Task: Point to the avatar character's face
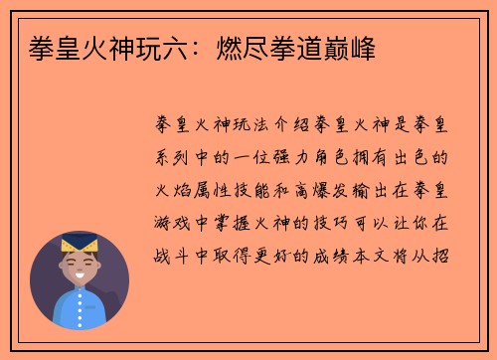(x=79, y=267)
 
